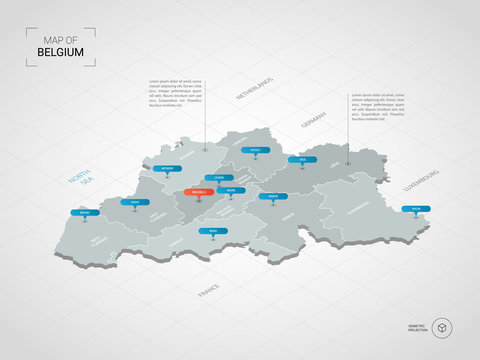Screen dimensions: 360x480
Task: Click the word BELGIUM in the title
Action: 60,51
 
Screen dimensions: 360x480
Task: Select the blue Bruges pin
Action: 85,213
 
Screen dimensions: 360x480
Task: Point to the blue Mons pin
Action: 211,232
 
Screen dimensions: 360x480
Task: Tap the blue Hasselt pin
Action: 255,151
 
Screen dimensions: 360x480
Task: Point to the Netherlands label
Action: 254,85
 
